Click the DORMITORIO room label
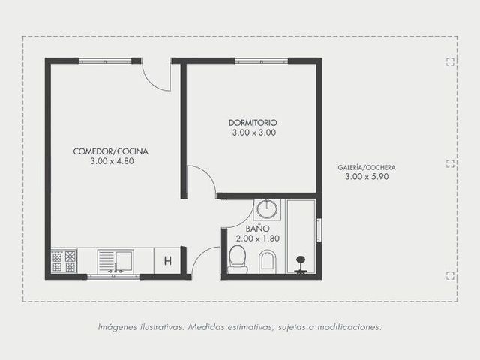253,123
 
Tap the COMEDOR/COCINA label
111,151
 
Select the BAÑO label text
253,229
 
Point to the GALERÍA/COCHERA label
367,168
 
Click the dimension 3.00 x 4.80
112,161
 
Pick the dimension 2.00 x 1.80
258,238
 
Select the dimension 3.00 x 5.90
367,177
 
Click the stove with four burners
64,260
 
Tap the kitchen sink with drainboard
115,261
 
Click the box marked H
168,261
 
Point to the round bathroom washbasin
267,208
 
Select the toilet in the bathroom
238,259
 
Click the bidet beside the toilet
268,262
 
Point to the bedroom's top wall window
262,61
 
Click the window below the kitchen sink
113,277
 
